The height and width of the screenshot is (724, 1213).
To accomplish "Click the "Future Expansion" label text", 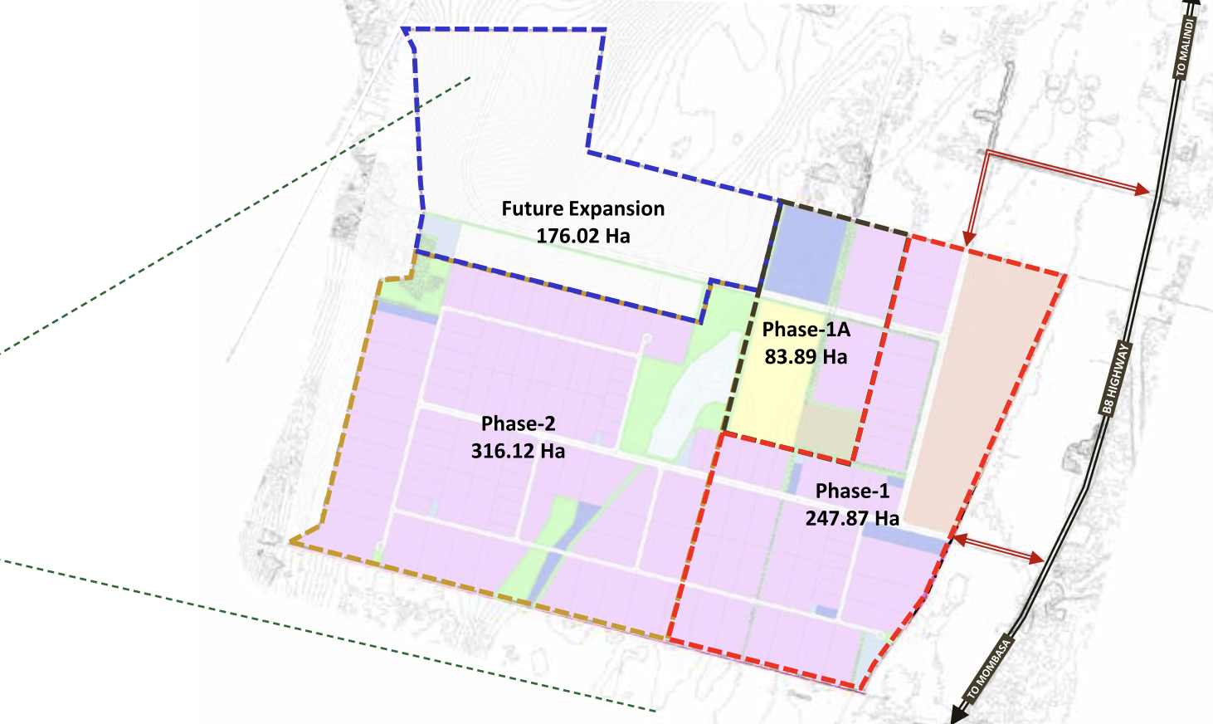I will coord(582,208).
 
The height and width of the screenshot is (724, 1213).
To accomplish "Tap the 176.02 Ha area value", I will coord(582,236).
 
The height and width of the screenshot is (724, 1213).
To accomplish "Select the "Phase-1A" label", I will coord(806,330).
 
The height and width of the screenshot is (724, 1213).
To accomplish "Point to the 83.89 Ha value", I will coord(806,357).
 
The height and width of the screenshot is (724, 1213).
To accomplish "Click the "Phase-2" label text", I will coord(518,423).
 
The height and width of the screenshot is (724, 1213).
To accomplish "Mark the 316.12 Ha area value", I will coord(518,451).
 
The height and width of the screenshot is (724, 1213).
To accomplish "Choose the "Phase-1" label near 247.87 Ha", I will coord(852,491).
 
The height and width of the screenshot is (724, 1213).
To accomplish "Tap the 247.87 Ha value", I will coord(852,518).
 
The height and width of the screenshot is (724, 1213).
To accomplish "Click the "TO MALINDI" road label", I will coord(1186,48).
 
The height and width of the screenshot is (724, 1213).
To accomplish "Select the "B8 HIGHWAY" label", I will coord(1115,379).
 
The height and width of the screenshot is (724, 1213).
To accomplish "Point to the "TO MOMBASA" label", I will coord(989,668).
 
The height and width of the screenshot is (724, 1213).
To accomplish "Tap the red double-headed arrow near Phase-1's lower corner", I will coord(996,550).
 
